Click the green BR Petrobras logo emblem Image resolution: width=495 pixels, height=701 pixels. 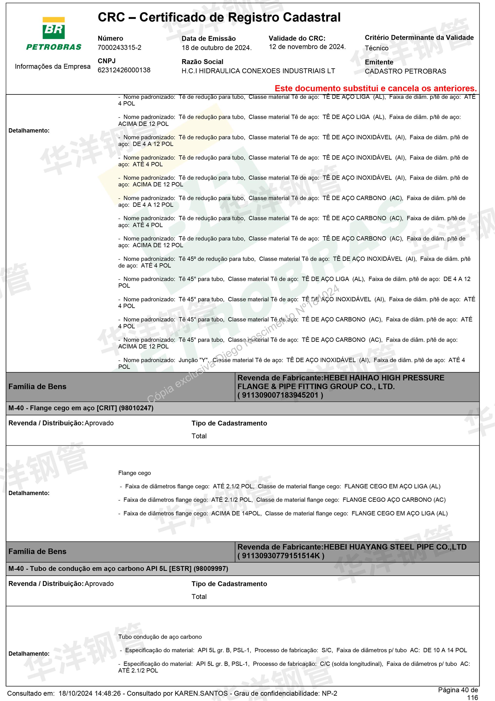[54, 28]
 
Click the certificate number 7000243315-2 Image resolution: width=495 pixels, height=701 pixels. [119, 48]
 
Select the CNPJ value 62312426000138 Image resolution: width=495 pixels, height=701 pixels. [124, 70]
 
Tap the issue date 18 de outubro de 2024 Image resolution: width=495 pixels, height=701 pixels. [216, 48]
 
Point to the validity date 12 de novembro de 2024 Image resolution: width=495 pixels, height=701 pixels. [307, 47]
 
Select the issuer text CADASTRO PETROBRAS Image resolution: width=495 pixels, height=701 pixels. [405, 72]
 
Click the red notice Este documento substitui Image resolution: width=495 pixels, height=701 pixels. [375, 89]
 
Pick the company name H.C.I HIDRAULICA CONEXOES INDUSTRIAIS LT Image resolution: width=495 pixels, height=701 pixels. [258, 71]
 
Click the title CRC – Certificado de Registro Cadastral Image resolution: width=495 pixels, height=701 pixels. [219, 17]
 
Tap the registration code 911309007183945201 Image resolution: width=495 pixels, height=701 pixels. [280, 395]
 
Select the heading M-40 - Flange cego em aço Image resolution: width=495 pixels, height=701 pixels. [81, 408]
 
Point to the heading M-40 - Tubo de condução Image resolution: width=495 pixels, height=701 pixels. [118, 569]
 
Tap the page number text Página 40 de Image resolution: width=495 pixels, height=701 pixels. [458, 690]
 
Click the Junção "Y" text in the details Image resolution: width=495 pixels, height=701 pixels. [193, 360]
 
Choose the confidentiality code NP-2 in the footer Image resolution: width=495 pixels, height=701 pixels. [329, 694]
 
